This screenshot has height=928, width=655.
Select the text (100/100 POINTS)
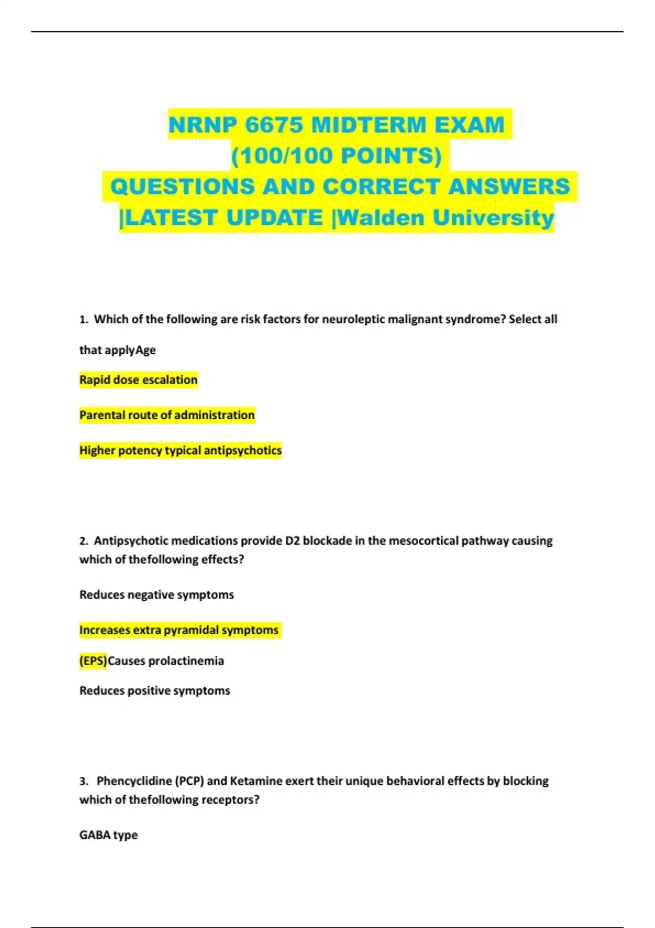point(336,156)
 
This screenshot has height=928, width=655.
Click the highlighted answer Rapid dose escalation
point(139,380)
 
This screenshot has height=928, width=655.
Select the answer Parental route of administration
point(167,415)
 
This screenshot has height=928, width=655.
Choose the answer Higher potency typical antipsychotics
point(181,450)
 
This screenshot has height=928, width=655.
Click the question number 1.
point(84,320)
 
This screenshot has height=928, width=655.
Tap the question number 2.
point(84,541)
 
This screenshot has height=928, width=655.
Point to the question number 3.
point(84,781)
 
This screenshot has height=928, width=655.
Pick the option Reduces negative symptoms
point(157,594)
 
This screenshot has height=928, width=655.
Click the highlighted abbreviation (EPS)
point(93,661)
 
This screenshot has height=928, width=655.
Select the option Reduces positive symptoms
point(155,691)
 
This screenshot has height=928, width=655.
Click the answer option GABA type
point(109,835)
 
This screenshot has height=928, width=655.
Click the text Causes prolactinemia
point(166,661)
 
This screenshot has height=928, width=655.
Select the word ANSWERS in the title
point(509,187)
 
